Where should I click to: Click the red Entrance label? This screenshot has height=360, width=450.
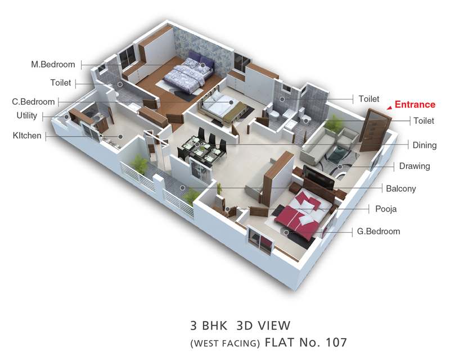pos(415,105)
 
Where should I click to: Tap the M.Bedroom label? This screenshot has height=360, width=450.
pos(53,64)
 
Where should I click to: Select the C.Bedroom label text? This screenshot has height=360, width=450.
pos(33,102)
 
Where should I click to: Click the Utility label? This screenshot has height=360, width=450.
pos(27,115)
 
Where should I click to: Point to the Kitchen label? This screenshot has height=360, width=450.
pos(27,136)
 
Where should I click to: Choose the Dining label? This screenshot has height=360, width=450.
pos(425,145)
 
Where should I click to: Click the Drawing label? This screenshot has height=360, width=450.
pos(415,166)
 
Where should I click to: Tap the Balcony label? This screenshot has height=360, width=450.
pos(400,188)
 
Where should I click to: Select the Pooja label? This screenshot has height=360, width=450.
pos(386,209)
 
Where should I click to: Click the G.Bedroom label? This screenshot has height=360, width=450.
pos(378,231)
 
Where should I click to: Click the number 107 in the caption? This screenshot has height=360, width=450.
pos(336,342)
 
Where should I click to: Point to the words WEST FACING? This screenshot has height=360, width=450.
pos(225,343)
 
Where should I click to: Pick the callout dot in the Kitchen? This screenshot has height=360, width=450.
pos(121,137)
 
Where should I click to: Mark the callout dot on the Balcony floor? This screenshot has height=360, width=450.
pos(182,188)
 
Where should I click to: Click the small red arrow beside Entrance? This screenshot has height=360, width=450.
pos(389,107)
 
